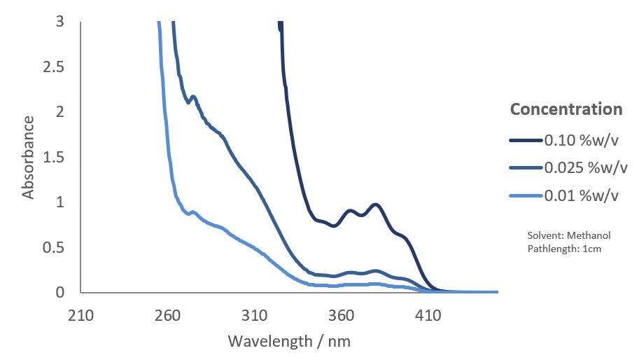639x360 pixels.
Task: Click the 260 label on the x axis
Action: tap(167, 316)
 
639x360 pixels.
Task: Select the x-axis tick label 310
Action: tap(254, 316)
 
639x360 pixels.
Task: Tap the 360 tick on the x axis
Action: tap(341, 316)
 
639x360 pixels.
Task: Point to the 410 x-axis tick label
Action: tap(428, 316)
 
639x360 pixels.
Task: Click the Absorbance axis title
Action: tap(29, 157)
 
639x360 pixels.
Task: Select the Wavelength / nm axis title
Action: tap(289, 342)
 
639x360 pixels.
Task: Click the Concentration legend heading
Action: tap(566, 109)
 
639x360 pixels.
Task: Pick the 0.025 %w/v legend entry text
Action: tap(585, 167)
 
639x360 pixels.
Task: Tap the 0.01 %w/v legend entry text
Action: tap(581, 195)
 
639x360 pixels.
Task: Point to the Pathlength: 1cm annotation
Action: tap(563, 248)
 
